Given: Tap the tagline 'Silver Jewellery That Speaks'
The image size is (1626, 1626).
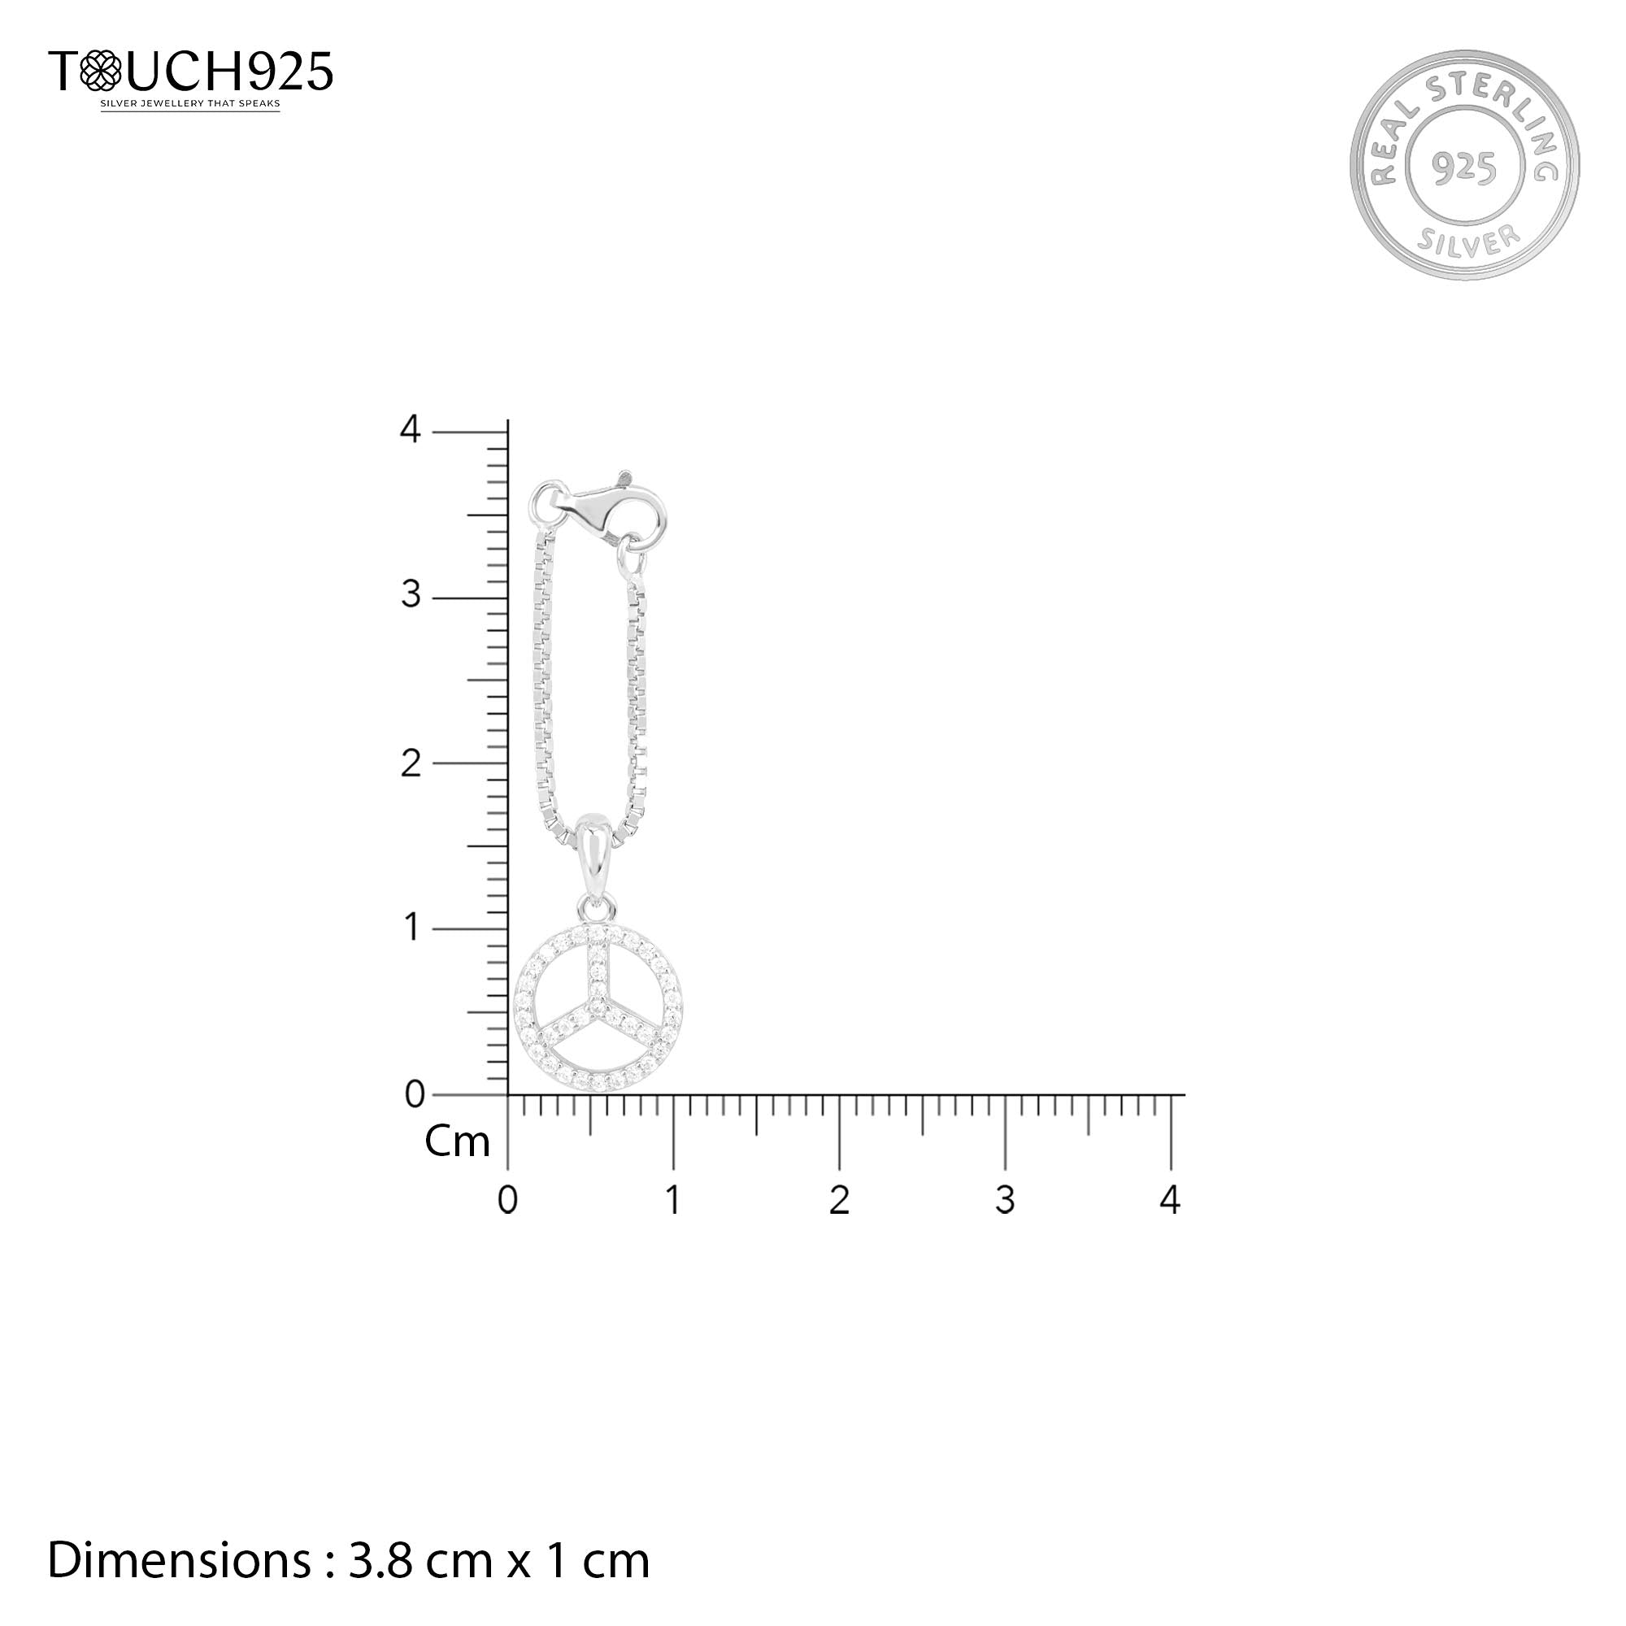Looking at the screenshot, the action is [x=190, y=104].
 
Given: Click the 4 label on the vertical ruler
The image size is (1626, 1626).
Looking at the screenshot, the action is [x=410, y=429].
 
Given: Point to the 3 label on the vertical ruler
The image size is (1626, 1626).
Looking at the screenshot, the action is [x=411, y=595].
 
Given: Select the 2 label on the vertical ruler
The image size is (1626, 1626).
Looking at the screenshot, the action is [x=411, y=763].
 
